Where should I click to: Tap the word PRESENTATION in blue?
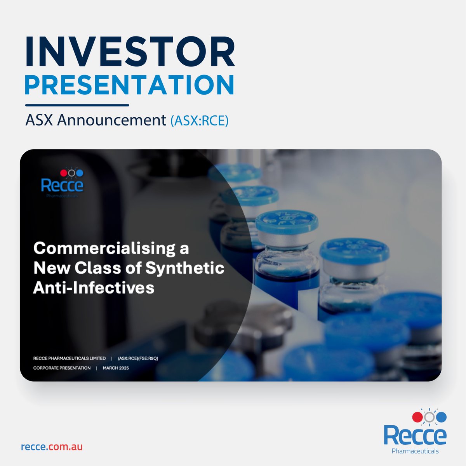click(x=130, y=84)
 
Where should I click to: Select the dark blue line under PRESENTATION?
click(x=77, y=105)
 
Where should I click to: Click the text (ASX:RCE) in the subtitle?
click(x=199, y=121)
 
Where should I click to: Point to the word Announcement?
click(x=112, y=120)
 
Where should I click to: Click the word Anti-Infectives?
click(x=94, y=288)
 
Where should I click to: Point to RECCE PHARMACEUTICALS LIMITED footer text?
click(x=70, y=358)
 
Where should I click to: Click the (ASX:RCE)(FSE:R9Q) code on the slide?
click(x=138, y=358)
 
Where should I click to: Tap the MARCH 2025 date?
click(x=116, y=368)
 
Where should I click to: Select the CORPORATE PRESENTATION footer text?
click(x=62, y=368)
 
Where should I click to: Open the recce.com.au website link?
click(x=52, y=447)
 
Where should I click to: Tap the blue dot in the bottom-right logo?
click(x=442, y=417)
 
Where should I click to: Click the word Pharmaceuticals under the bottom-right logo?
click(x=415, y=451)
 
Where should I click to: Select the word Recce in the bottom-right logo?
click(x=415, y=435)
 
